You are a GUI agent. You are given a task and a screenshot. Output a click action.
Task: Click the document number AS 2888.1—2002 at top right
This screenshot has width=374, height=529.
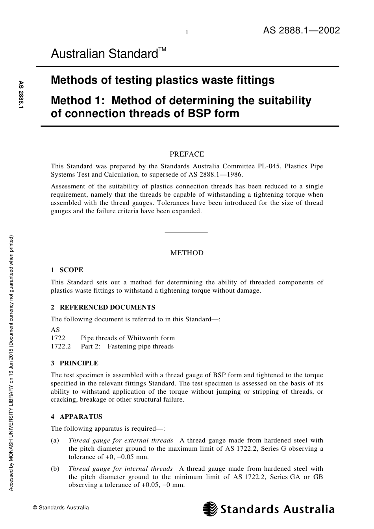click(301, 31)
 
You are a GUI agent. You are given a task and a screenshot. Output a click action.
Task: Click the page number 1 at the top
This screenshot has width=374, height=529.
click(187, 32)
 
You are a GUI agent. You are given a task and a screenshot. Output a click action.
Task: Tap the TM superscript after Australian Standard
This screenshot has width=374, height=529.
click(162, 50)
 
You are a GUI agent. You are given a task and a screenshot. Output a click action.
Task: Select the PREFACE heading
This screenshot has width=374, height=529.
click(187, 154)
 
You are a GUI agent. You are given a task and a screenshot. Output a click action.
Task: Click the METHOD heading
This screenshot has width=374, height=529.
click(187, 253)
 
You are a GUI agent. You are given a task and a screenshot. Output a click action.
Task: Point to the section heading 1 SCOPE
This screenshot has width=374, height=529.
click(67, 270)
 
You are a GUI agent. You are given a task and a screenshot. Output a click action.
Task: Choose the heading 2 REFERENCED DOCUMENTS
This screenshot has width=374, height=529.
click(103, 307)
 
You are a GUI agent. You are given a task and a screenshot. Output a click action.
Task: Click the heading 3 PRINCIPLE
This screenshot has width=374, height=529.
click(74, 363)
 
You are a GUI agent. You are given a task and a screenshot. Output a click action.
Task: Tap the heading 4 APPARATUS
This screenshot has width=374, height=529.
click(76, 417)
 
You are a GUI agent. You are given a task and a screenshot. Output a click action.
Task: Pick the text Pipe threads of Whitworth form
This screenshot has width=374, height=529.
click(128, 338)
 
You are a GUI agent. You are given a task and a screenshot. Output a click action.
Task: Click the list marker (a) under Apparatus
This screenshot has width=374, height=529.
click(55, 441)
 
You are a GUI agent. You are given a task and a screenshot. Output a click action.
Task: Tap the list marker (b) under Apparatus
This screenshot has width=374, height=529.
click(55, 468)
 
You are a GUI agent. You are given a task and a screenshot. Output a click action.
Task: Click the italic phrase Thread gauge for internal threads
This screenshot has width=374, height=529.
click(120, 468)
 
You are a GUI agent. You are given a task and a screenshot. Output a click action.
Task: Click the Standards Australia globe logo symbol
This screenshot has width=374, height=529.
click(210, 509)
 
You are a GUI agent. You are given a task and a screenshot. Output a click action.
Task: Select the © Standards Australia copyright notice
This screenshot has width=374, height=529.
click(61, 507)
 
